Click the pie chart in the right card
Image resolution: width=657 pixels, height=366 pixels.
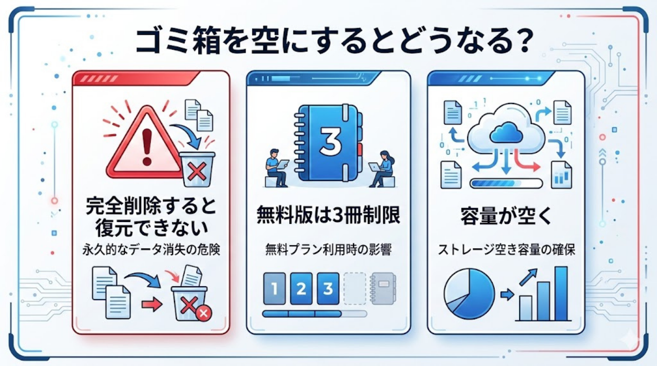click(469, 294)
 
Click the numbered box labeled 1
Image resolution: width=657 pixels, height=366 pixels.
click(274, 289)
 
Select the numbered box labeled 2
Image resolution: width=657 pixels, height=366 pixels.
click(301, 289)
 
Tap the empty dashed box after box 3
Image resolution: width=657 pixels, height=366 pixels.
click(355, 289)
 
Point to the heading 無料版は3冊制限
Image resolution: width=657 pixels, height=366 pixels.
click(328, 216)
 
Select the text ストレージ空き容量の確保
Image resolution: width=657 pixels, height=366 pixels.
click(506, 251)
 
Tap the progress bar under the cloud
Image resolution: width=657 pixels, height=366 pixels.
click(506, 182)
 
